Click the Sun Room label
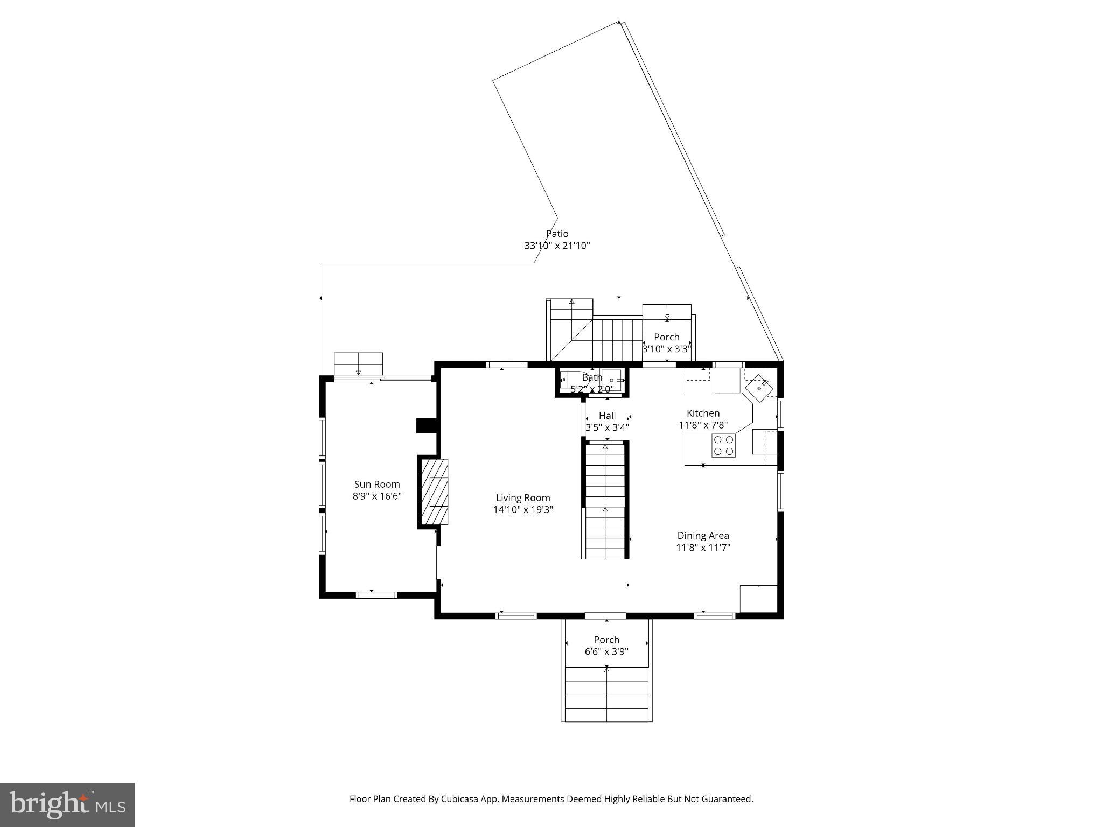point(377,484)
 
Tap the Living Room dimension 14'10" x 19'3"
point(523,510)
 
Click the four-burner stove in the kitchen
point(723,445)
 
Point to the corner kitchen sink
point(759,388)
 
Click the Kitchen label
point(703,413)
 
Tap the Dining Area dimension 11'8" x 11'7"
point(703,548)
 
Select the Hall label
point(607,416)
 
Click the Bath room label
point(591,377)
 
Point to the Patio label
point(557,234)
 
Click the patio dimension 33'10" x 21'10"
point(557,246)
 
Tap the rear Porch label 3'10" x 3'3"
point(666,337)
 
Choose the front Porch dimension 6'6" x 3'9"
point(606,651)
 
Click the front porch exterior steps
point(606,695)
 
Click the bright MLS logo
point(67,805)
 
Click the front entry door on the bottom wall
point(605,615)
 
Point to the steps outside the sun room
point(358,365)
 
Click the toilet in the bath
point(568,379)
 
